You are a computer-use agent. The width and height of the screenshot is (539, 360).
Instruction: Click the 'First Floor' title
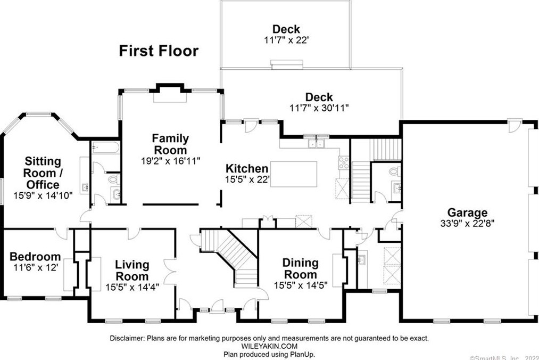pyautogui.click(x=158, y=51)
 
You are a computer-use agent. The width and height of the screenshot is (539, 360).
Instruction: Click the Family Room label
pyautogui.click(x=170, y=144)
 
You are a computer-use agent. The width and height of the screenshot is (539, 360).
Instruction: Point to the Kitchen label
pyautogui.click(x=246, y=169)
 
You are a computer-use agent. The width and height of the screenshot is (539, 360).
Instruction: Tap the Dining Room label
pyautogui.click(x=300, y=268)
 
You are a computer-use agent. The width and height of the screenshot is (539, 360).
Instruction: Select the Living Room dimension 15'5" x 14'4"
pyautogui.click(x=132, y=287)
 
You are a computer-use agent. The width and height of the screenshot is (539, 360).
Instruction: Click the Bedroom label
pyautogui.click(x=35, y=257)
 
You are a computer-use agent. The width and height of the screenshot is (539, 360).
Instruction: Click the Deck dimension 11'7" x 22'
pyautogui.click(x=286, y=39)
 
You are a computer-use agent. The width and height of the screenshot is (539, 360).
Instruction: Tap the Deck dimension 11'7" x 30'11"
pyautogui.click(x=319, y=107)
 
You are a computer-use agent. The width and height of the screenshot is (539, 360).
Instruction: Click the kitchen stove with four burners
pyautogui.click(x=344, y=162)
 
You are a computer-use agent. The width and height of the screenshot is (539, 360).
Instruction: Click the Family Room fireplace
pyautogui.click(x=170, y=96)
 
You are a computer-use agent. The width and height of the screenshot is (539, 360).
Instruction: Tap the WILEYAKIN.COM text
pyautogui.click(x=269, y=346)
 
